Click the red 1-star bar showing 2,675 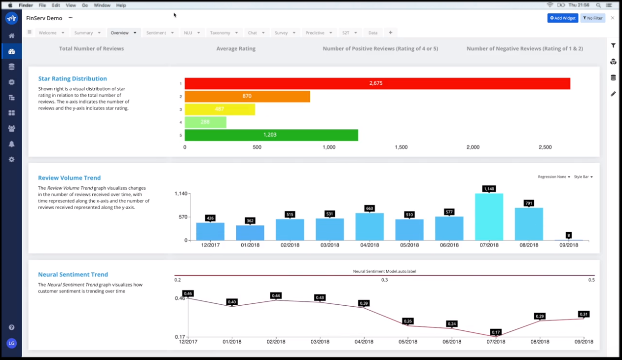(377, 83)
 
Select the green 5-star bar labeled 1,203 (271, 135)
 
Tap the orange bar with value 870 (247, 96)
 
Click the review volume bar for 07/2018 (489, 217)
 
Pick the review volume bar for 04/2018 (369, 227)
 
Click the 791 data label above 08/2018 (529, 203)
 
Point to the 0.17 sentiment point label (496, 332)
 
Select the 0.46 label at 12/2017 (187, 293)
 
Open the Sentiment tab (156, 33)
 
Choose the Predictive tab (315, 33)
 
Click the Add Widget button (562, 18)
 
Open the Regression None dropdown (553, 177)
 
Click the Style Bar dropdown (583, 177)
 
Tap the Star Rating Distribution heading (73, 78)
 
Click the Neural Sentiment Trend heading (73, 274)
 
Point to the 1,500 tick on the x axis (401, 147)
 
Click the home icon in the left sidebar (11, 36)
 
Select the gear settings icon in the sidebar (11, 160)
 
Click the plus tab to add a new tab (391, 33)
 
